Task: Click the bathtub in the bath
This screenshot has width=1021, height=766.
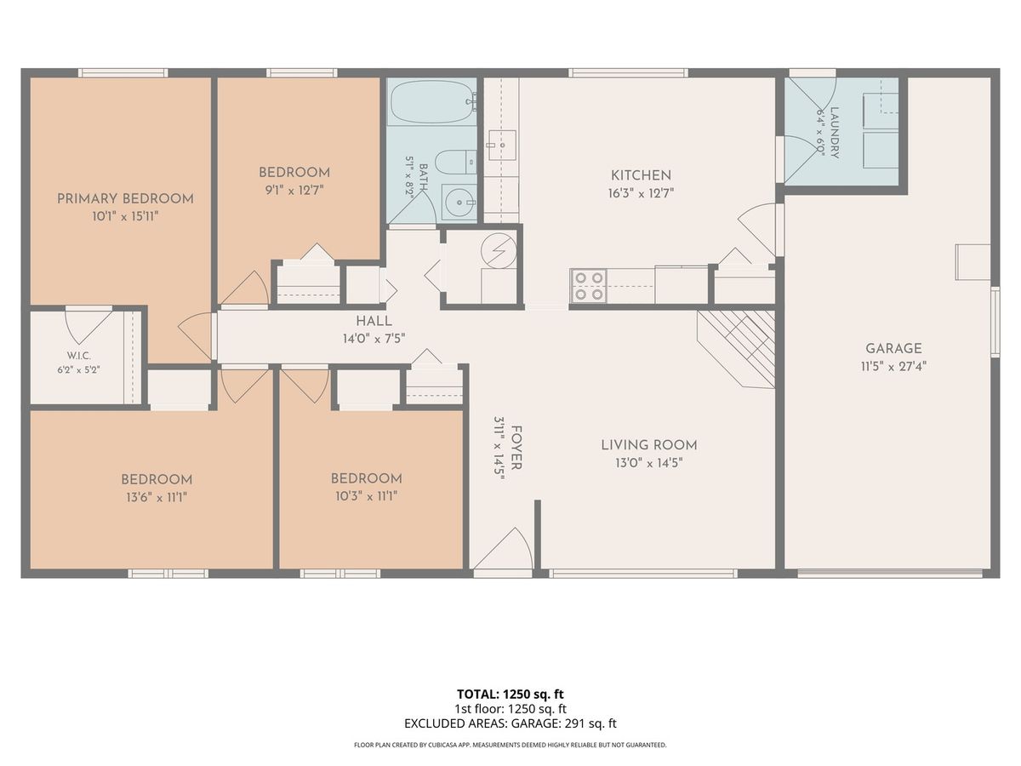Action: (432, 102)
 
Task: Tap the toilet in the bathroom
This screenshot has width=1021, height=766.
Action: (456, 163)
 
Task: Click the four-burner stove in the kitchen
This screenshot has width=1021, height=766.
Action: (589, 286)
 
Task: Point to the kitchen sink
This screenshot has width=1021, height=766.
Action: (502, 145)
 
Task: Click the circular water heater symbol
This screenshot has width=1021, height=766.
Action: (499, 249)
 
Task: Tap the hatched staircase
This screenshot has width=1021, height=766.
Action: (735, 349)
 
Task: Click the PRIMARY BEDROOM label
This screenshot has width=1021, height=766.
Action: (125, 198)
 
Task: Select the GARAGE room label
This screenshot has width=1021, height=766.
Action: (893, 348)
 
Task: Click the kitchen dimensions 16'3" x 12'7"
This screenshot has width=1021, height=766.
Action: (641, 193)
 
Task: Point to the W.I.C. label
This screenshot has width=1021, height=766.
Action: (78, 356)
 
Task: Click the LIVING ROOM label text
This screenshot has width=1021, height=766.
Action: (649, 445)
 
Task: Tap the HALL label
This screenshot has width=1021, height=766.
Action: (374, 321)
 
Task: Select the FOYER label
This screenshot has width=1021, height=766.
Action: (516, 448)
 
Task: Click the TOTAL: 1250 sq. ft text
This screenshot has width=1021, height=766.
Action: (510, 695)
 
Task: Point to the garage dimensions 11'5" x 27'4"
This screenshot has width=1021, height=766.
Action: (893, 367)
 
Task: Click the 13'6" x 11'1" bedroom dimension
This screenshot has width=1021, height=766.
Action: (157, 498)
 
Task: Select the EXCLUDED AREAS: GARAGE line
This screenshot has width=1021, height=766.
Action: (510, 723)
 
